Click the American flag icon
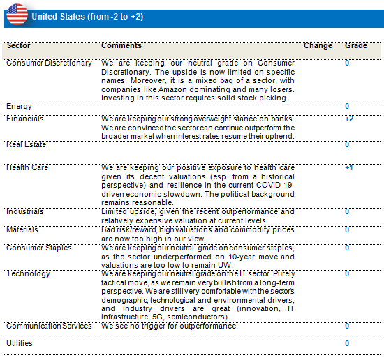(17, 14)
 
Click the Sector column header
(19, 45)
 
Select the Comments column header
(121, 45)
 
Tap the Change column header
(318, 45)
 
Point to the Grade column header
(356, 45)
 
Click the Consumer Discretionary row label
(49, 63)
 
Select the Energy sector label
(19, 107)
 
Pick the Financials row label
(24, 119)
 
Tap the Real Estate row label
(27, 144)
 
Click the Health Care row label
(27, 167)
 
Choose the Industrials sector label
(24, 211)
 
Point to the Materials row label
(22, 229)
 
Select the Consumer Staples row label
(39, 248)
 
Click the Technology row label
(28, 273)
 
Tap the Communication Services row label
(49, 326)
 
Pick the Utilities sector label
(20, 343)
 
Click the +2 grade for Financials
(349, 119)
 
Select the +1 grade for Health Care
(348, 167)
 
